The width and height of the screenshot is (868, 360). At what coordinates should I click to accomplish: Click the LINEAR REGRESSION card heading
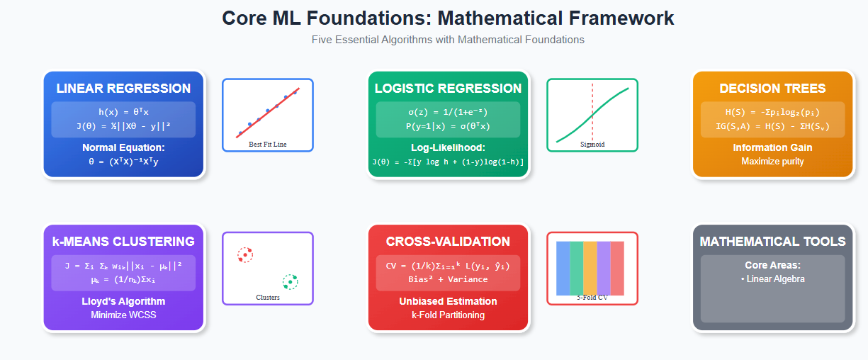tap(123, 89)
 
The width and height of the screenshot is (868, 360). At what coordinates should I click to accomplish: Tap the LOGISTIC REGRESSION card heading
tap(448, 89)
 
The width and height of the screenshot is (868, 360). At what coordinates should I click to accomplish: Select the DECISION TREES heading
tap(772, 89)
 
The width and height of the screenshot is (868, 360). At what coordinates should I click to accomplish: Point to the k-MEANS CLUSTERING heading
tap(123, 242)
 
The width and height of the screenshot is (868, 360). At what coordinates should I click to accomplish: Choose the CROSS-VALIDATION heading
tap(448, 242)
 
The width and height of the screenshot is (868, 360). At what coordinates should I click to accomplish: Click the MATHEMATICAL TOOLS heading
tap(772, 242)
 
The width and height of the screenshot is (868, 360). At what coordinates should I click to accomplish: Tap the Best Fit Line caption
tap(268, 144)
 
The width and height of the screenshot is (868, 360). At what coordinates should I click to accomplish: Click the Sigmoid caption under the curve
tap(592, 144)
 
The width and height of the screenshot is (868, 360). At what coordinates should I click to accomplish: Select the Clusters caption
tap(268, 297)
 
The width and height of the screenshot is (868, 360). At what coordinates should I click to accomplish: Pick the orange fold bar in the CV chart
tap(590, 268)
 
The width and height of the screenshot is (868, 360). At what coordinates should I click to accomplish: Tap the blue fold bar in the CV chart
tap(563, 268)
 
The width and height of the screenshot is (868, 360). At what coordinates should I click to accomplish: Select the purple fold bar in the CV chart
tap(604, 268)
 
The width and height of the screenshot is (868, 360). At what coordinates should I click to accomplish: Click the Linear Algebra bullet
tap(772, 279)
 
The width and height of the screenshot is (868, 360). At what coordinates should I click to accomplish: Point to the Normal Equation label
tap(123, 147)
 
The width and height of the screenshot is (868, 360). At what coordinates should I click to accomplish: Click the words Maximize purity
tap(772, 161)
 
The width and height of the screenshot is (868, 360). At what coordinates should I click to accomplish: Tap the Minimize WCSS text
tap(123, 315)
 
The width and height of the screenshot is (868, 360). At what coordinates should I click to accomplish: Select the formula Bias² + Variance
tap(448, 279)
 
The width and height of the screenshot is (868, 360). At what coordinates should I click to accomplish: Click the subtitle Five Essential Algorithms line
tap(448, 40)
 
